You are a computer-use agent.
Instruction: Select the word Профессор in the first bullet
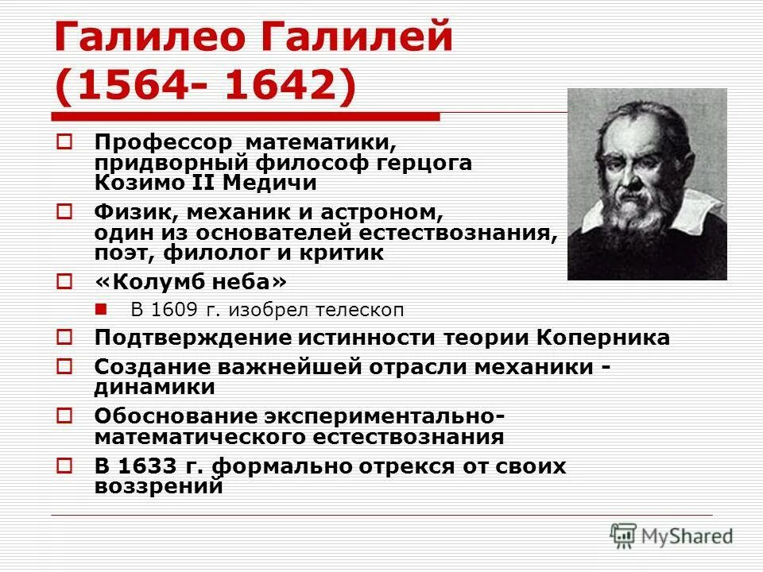click(164, 144)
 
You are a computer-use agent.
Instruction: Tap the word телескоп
click(374, 310)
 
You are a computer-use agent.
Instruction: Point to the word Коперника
click(603, 338)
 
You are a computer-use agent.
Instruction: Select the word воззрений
click(158, 486)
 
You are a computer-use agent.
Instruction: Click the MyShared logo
click(672, 536)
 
